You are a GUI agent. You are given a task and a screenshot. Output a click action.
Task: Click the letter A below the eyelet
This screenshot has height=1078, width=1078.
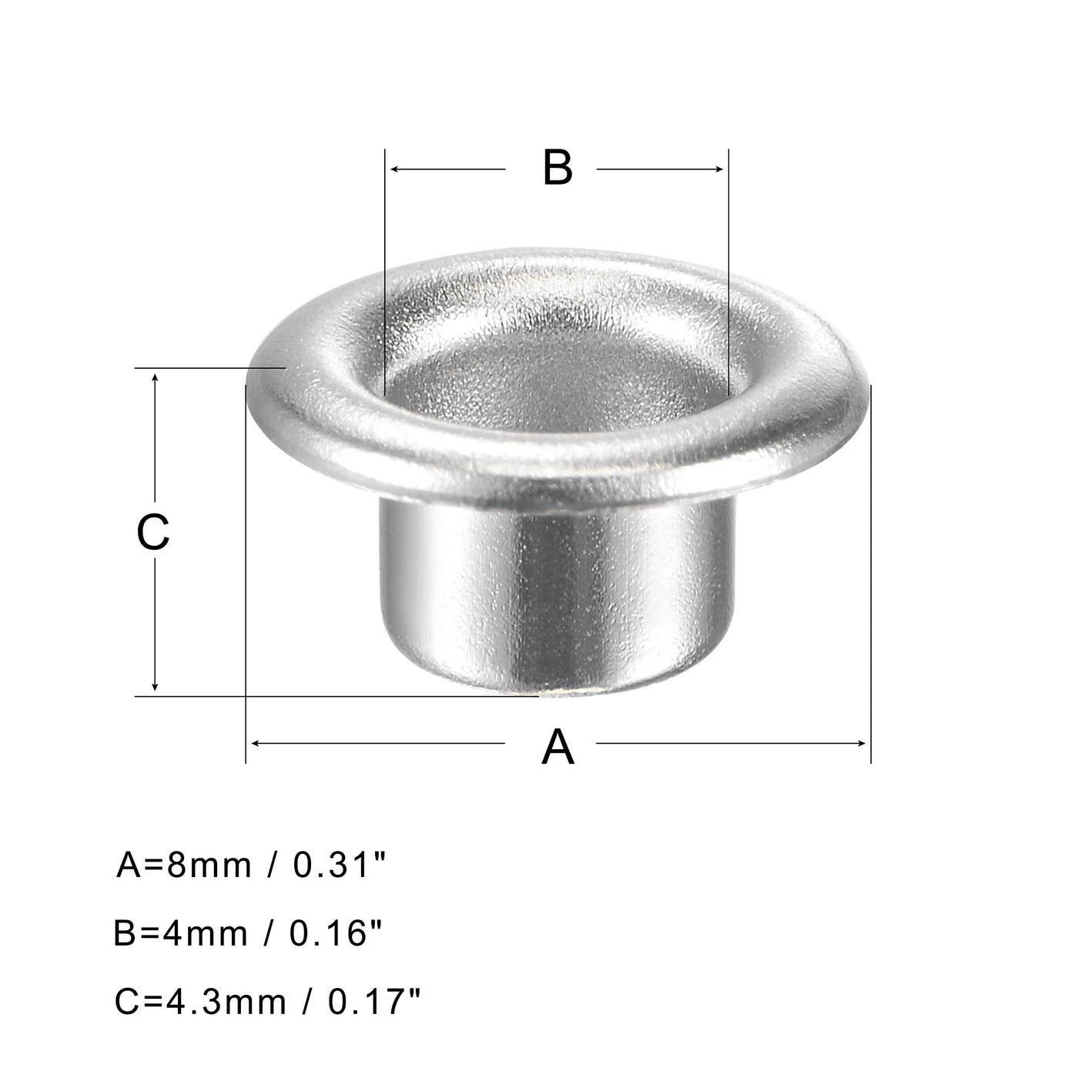[557, 747]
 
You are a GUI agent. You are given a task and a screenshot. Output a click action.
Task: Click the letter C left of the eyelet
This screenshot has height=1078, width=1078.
[152, 532]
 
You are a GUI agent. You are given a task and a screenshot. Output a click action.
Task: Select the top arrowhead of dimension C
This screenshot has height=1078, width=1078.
[156, 379]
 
